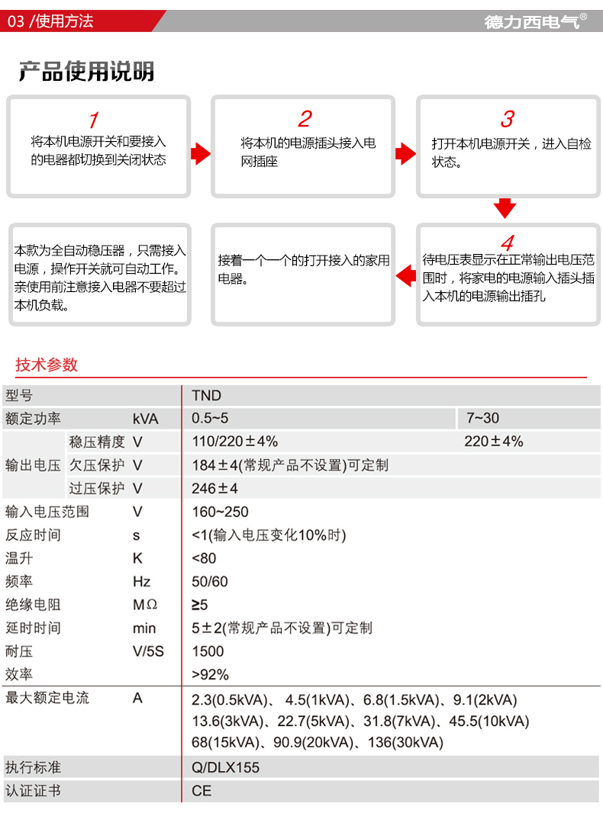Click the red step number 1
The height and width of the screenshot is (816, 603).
93,120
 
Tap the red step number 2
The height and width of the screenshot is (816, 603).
305,119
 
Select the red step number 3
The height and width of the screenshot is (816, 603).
507,119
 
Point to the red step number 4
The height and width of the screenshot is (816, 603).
507,243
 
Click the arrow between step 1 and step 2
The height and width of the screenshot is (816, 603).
201,153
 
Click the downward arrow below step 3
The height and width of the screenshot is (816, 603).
505,207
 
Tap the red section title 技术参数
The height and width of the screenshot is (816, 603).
47,365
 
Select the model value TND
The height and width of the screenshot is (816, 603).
206,395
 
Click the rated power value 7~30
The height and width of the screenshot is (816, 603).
482,418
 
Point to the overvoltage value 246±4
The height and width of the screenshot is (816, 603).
215,488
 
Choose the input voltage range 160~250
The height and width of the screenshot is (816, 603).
220,512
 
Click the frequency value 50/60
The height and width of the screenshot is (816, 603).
210,581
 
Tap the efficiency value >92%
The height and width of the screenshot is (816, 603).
210,674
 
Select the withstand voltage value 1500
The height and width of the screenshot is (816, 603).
208,651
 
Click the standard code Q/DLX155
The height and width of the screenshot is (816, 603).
225,767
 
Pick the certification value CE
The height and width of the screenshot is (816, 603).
202,791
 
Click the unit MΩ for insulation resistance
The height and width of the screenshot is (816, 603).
144,605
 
